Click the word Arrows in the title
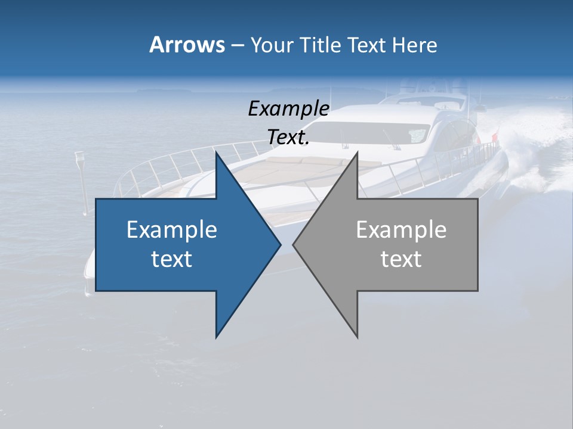click(x=187, y=45)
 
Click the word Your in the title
click(x=272, y=45)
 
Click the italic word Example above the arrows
click(x=288, y=108)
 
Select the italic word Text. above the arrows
click(x=288, y=137)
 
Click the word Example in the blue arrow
click(x=172, y=230)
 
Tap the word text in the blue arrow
click(x=172, y=259)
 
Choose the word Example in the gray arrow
click(x=401, y=230)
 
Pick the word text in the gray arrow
click(x=401, y=259)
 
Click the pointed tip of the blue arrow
click(x=279, y=244)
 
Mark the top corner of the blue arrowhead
click(x=217, y=153)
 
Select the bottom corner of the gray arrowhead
click(x=357, y=337)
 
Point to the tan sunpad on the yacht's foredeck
click(x=310, y=170)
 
